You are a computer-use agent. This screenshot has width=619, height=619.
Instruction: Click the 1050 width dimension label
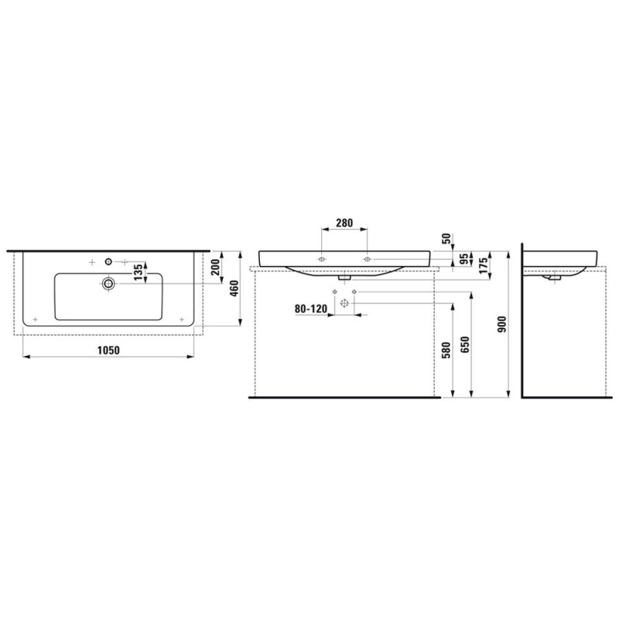click(107, 351)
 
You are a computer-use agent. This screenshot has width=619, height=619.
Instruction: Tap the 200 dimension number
click(216, 268)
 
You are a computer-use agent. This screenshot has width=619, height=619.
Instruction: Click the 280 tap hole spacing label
click(344, 223)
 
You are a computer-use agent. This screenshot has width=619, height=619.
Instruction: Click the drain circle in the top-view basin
click(108, 284)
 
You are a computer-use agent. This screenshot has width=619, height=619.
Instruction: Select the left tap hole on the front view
click(322, 257)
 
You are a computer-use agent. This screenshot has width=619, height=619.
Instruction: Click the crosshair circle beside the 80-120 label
click(344, 305)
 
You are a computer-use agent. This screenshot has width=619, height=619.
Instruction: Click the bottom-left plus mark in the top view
click(36, 320)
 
